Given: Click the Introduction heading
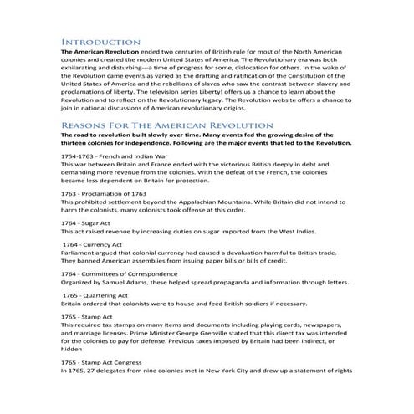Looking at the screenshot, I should click(100, 40).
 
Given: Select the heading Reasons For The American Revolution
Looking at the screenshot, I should click(162, 124).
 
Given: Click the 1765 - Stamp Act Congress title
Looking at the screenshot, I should click(108, 362).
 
